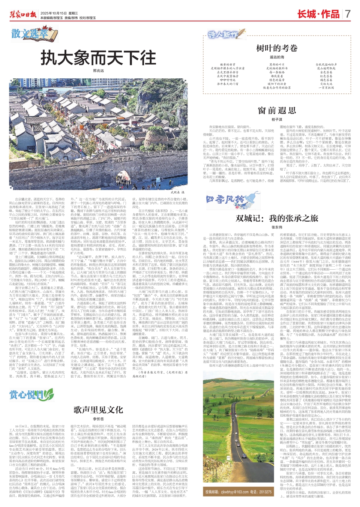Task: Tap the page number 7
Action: point(348,14)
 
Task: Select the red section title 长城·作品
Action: point(318,14)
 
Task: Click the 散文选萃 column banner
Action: point(30,34)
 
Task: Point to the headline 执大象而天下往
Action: point(98,58)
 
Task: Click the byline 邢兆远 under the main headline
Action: point(98,70)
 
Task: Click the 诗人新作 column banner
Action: point(223,34)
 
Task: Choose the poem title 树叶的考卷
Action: point(277,48)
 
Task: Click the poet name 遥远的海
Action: point(277,57)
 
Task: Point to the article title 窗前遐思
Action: point(277,110)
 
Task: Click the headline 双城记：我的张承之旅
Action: point(277,218)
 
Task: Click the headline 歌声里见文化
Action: point(98,409)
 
